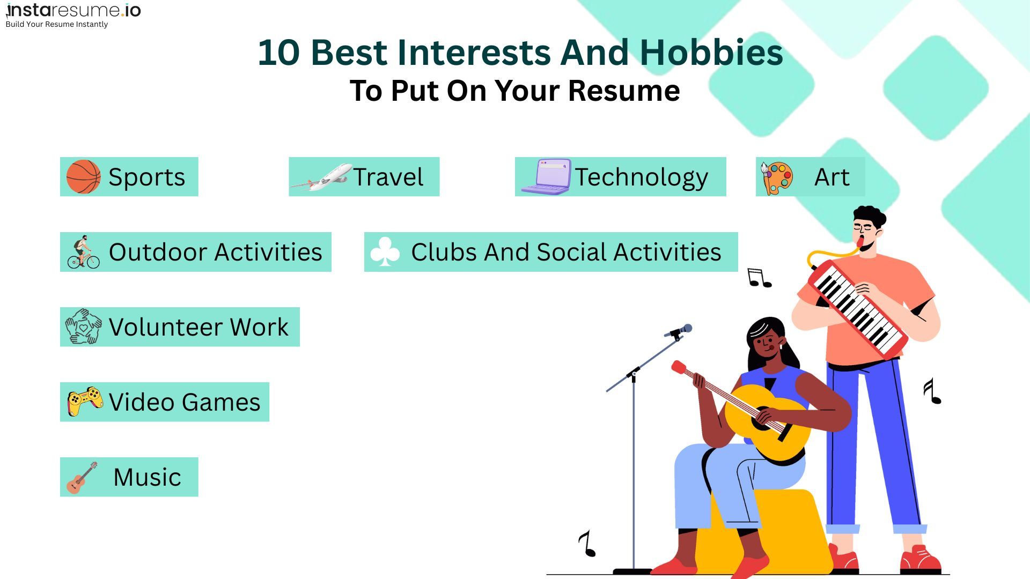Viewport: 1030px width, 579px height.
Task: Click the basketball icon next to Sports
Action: pos(83,176)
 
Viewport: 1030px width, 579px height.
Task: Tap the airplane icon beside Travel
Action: pos(321,177)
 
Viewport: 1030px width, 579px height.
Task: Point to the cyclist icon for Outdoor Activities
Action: pos(83,252)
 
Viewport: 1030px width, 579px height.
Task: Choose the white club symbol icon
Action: pos(385,252)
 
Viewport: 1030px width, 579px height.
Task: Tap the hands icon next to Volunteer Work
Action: pos(83,326)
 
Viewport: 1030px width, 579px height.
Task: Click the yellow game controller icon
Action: pos(85,401)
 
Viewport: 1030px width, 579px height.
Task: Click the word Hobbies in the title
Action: pos(711,53)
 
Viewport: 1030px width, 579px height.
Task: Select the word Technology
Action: pos(642,177)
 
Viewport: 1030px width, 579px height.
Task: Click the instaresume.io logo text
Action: pos(73,11)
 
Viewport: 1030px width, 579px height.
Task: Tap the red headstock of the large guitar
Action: pos(679,367)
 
